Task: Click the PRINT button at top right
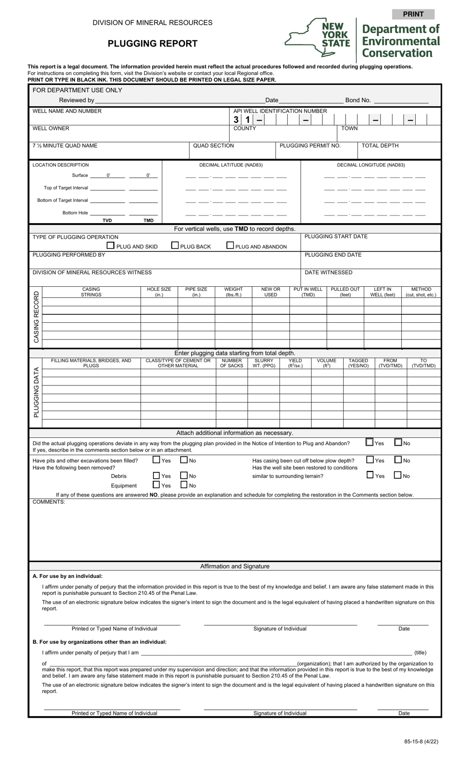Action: [x=413, y=14]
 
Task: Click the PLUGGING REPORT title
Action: [x=153, y=43]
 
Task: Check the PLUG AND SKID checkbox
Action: [x=111, y=245]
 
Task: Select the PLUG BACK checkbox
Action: [x=175, y=245]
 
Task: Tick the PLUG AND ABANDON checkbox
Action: [x=230, y=245]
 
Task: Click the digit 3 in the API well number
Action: [x=236, y=120]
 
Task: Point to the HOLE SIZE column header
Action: [x=159, y=292]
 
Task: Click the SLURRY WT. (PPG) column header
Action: [x=264, y=363]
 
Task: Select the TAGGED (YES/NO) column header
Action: [x=358, y=363]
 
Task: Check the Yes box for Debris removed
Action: [x=156, y=476]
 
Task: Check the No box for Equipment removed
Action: [x=184, y=485]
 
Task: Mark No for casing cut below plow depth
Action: [x=398, y=460]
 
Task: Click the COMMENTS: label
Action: [x=49, y=502]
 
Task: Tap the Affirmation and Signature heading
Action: [x=234, y=566]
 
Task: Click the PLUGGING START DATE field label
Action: [x=336, y=236]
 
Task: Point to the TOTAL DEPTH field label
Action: [x=380, y=146]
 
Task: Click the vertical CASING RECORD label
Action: [x=36, y=316]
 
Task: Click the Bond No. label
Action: [x=358, y=100]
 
